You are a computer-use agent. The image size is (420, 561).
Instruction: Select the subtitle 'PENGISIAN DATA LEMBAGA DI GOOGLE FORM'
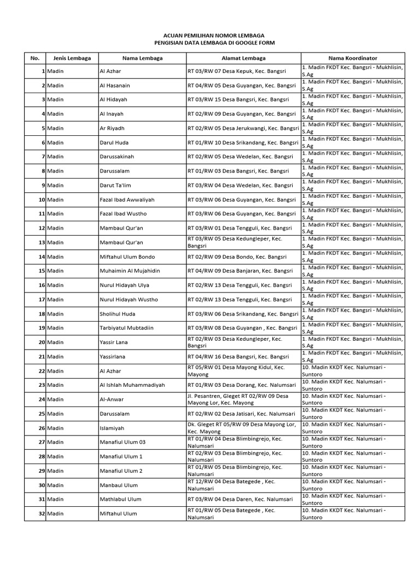pyautogui.click(x=210, y=43)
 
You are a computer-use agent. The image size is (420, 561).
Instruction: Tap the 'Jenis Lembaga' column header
pyautogui.click(x=72, y=58)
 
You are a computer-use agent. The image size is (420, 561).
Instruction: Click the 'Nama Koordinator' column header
pyautogui.click(x=352, y=58)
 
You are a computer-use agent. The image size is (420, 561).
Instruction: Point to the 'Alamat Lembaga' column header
pyautogui.click(x=243, y=58)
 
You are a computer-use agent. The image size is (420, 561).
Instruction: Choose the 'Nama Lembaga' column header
pyautogui.click(x=142, y=58)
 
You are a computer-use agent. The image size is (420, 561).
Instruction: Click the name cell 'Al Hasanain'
pyautogui.click(x=115, y=86)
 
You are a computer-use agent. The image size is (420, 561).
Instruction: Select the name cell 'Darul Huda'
pyautogui.click(x=114, y=143)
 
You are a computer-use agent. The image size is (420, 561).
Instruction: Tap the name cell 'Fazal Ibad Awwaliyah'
pyautogui.click(x=127, y=200)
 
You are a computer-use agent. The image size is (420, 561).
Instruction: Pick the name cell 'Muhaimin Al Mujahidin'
pyautogui.click(x=128, y=271)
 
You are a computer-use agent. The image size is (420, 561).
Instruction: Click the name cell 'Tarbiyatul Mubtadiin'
pyautogui.click(x=126, y=328)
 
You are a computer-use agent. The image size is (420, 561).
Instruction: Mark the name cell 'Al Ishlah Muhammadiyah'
pyautogui.click(x=132, y=385)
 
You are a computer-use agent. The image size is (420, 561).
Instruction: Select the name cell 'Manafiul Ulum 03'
pyautogui.click(x=122, y=442)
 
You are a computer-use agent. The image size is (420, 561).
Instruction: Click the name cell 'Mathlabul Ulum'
pyautogui.click(x=120, y=499)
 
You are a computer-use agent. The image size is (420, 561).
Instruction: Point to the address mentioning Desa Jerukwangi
pyautogui.click(x=243, y=129)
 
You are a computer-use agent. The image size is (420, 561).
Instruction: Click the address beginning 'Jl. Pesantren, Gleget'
pyautogui.click(x=238, y=399)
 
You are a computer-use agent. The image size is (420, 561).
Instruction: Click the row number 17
pyautogui.click(x=41, y=300)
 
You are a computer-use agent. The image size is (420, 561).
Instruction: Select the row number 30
pyautogui.click(x=41, y=485)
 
